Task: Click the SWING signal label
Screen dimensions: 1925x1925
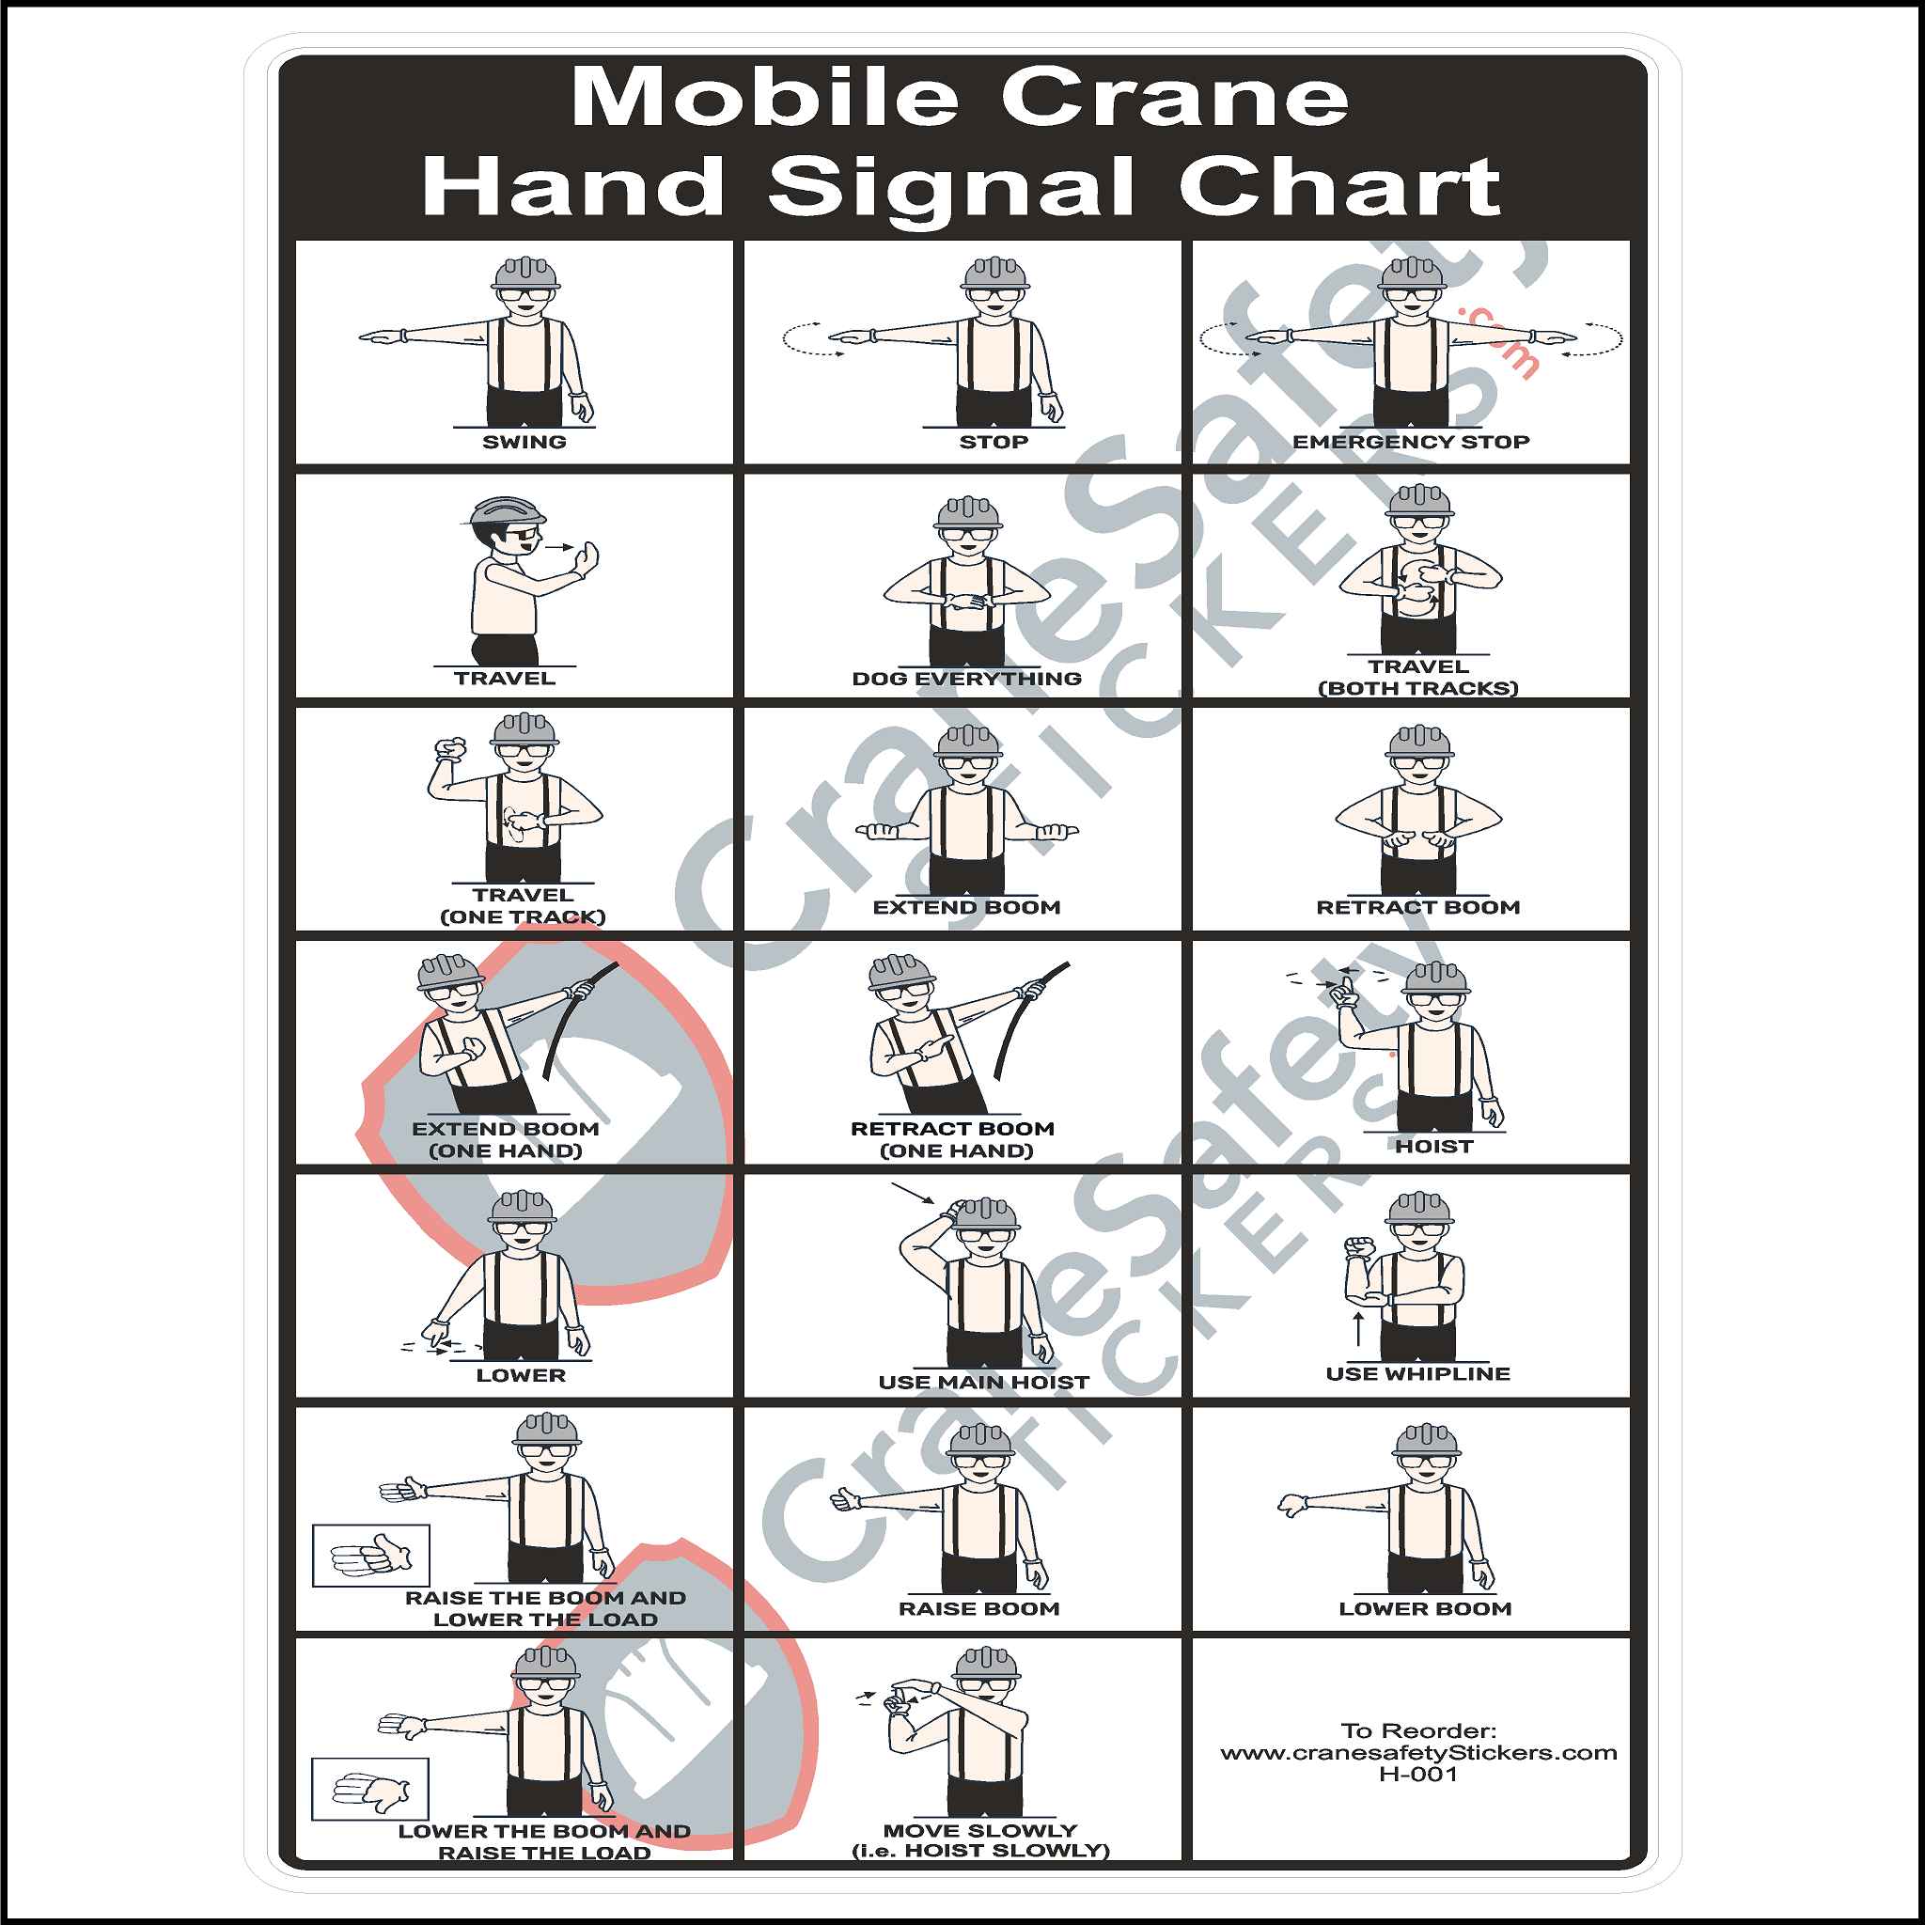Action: [524, 442]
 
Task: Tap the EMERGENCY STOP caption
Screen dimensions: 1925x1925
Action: [1410, 442]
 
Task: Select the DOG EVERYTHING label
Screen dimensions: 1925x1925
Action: [966, 679]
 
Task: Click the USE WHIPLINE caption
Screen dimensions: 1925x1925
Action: [1416, 1374]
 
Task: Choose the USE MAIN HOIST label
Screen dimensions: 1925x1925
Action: [983, 1382]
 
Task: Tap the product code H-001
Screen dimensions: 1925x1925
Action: [1417, 1774]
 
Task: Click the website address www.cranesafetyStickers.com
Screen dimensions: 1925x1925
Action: [1417, 1752]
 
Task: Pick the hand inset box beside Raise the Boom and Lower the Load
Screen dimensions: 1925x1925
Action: [370, 1555]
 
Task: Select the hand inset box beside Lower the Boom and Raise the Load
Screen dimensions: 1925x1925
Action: [369, 1789]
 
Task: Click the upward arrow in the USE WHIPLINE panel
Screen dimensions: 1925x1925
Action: [1358, 1328]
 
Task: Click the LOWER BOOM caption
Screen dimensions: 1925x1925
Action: [1425, 1609]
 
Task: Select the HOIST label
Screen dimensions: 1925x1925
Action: [1432, 1147]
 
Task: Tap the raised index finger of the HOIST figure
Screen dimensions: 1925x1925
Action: [1346, 988]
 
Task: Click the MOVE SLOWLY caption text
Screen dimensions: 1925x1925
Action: [980, 1830]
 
